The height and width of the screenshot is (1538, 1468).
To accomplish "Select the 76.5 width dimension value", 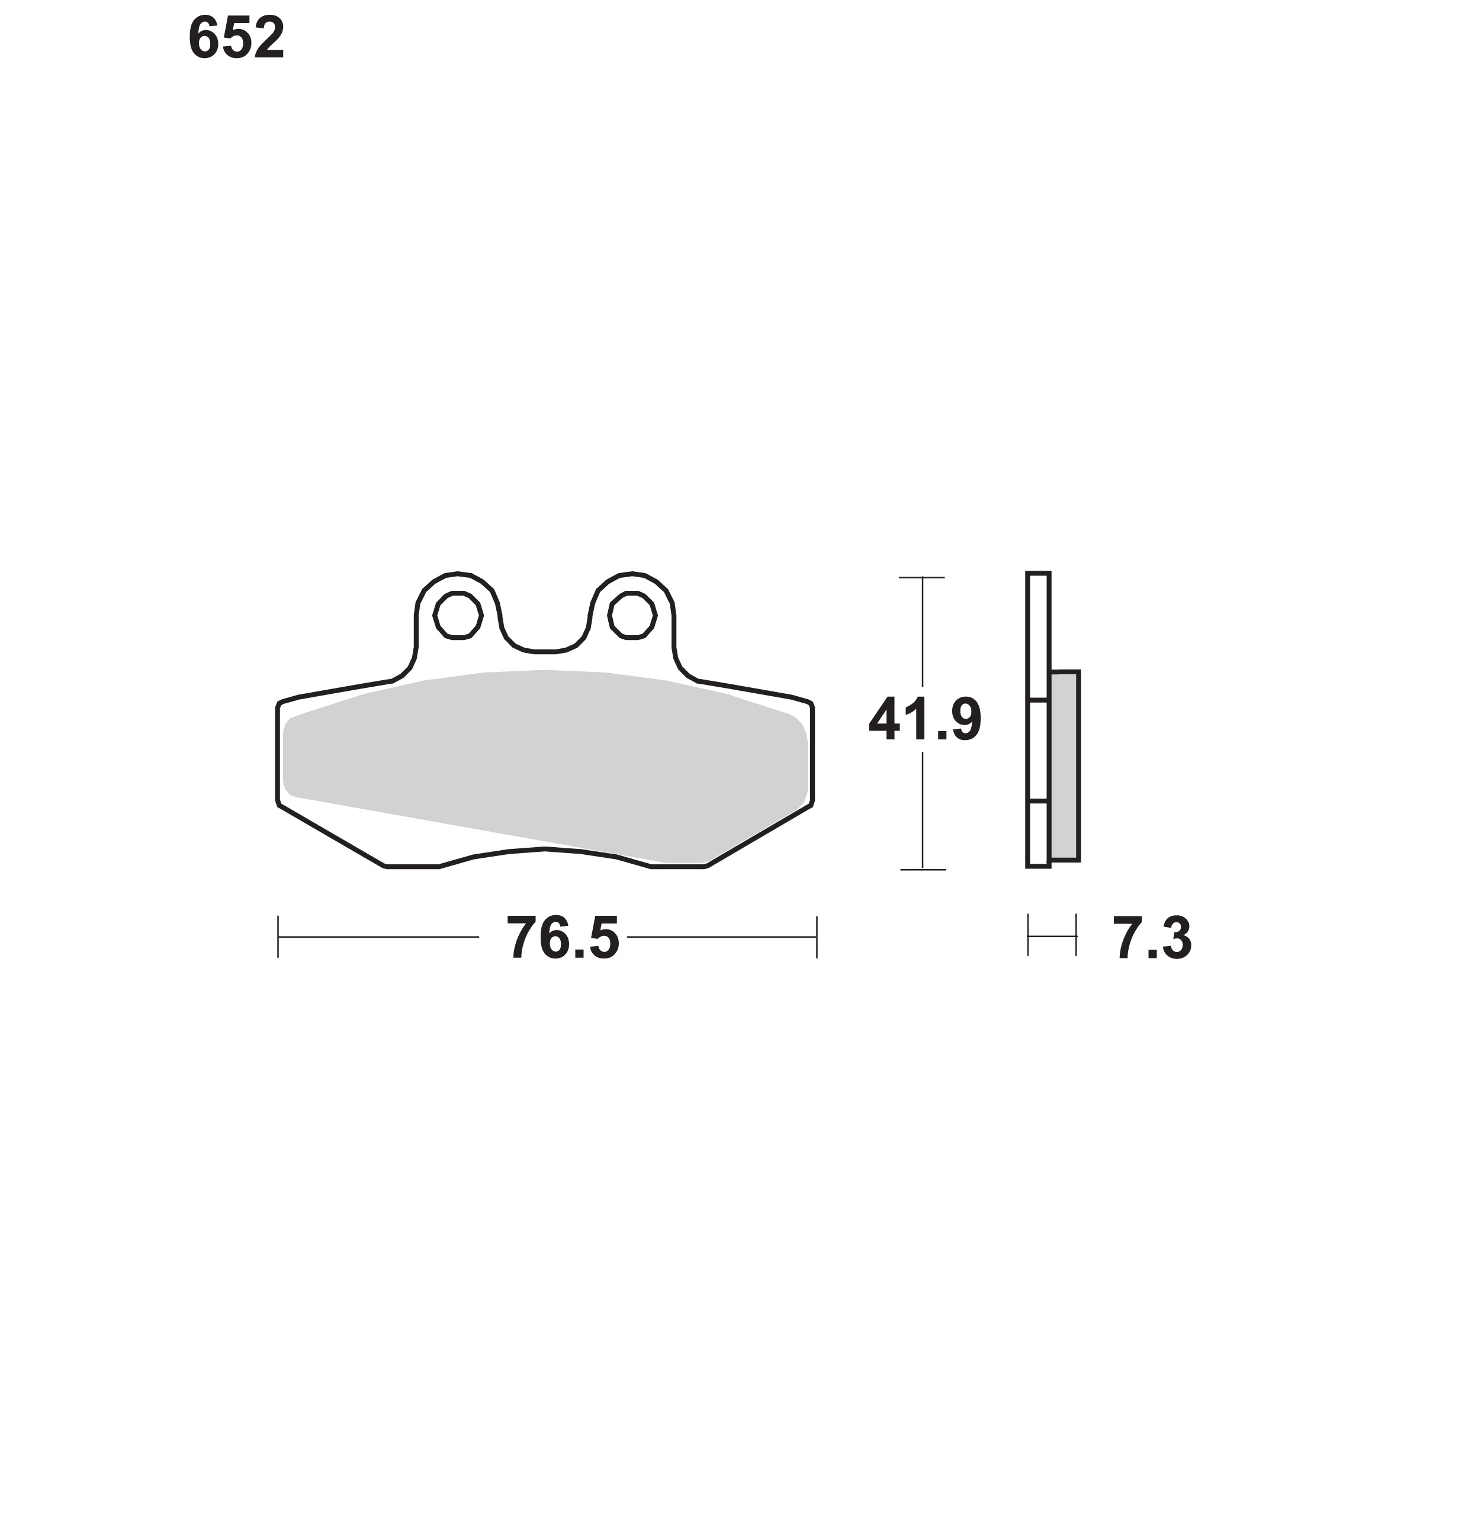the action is (563, 937).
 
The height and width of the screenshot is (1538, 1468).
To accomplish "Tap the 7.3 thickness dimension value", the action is (1152, 937).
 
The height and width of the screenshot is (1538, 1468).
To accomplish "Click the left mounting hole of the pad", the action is (458, 616).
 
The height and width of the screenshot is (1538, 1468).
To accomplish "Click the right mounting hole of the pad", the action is (632, 616).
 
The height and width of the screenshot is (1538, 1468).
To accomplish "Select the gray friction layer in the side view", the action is (1065, 766).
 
